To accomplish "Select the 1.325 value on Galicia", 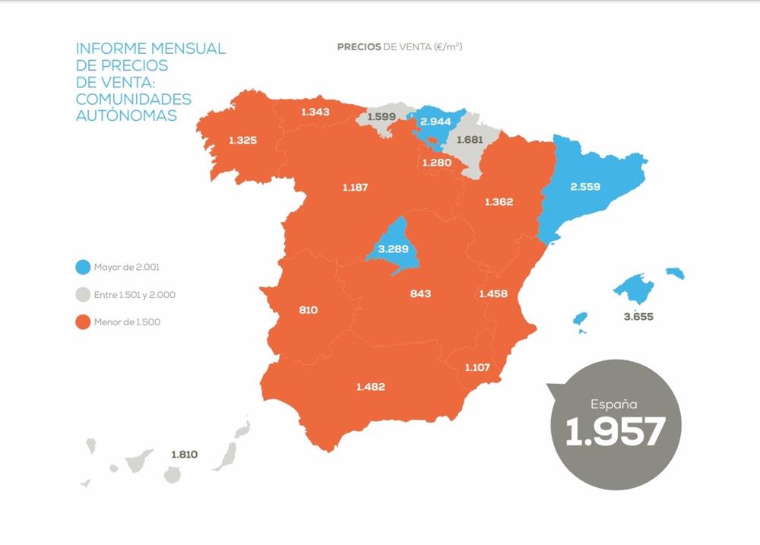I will (243, 140).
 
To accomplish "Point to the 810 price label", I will (309, 310).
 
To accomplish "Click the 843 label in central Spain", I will (420, 293).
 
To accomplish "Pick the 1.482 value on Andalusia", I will (370, 387).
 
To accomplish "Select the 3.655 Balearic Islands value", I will (638, 316).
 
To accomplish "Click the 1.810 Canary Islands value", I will (184, 455).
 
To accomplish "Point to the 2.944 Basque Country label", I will (435, 122).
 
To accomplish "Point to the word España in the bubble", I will (615, 404).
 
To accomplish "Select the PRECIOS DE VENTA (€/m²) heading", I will (400, 47).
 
